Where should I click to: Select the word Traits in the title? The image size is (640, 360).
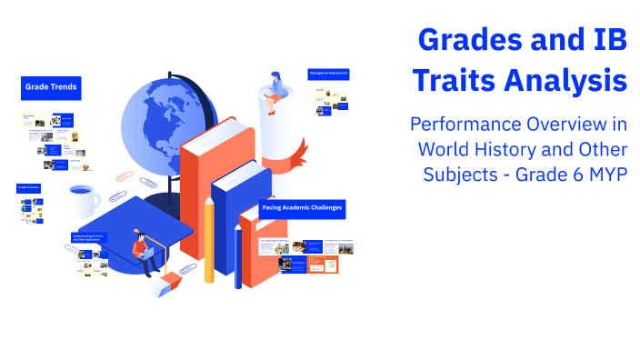pos(455,81)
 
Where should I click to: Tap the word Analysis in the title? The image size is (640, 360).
pos(567,81)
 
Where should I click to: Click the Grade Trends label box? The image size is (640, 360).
pos(50,88)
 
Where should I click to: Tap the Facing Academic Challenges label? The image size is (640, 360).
pos(302,208)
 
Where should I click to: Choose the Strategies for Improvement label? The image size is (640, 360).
pos(329,73)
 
